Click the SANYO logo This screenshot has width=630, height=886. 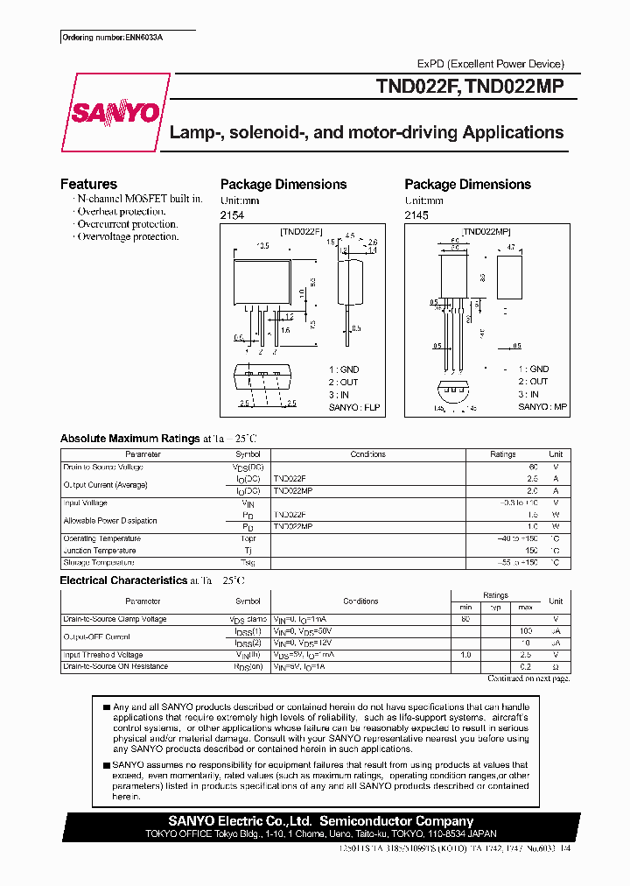coord(114,113)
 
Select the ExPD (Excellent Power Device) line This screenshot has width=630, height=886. coord(490,64)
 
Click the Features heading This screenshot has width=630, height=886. coord(88,184)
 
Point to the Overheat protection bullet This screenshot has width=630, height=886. coord(121,212)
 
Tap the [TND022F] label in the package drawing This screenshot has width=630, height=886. coord(301,231)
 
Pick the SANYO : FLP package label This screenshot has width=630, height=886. coord(356,407)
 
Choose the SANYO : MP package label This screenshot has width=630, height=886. coord(542,406)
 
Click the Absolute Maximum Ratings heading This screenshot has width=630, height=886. coord(129,439)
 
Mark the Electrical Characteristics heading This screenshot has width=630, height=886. coord(123,580)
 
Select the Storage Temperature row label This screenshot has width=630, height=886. coord(99,563)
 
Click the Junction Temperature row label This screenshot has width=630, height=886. coord(100,551)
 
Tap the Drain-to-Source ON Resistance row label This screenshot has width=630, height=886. coord(115,667)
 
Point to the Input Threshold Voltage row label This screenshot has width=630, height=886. coord(103,655)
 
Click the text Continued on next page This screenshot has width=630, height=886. coord(528,679)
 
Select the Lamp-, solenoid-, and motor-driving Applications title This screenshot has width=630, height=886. coord(367,133)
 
